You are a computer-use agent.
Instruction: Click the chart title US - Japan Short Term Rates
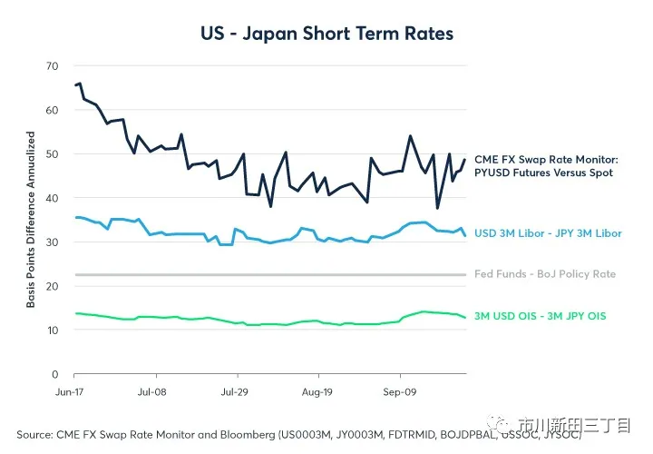pyautogui.click(x=326, y=34)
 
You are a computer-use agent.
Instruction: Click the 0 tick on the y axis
pyautogui.click(x=54, y=374)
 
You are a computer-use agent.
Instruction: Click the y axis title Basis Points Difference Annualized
pyautogui.click(x=30, y=220)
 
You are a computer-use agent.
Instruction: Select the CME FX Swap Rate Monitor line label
pyautogui.click(x=545, y=165)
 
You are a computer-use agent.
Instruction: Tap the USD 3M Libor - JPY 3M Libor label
pyautogui.click(x=548, y=233)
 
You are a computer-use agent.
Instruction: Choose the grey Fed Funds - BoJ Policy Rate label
pyautogui.click(x=545, y=274)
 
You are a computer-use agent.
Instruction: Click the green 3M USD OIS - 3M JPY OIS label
pyautogui.click(x=540, y=316)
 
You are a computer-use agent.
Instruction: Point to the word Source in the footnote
pyautogui.click(x=36, y=435)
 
